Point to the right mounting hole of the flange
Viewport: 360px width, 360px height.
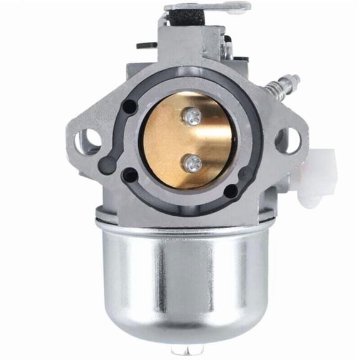(287, 140)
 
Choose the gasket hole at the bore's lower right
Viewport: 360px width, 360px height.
(232, 190)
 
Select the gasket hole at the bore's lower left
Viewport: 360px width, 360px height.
(129, 175)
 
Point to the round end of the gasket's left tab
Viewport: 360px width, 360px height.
(107, 165)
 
